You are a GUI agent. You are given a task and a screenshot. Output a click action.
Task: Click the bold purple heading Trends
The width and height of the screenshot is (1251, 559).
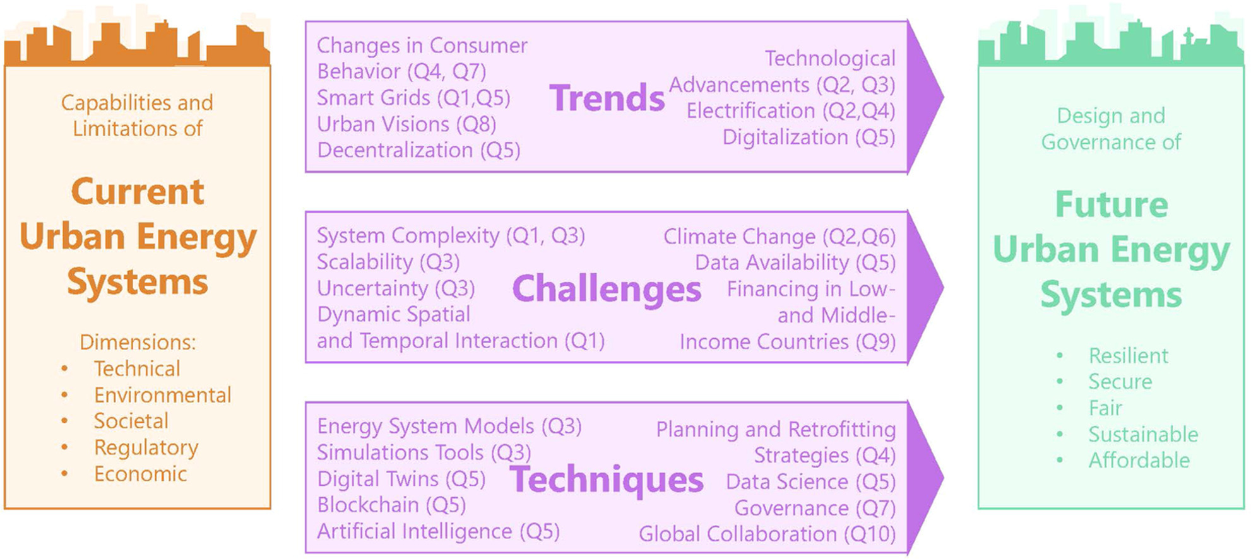[607, 98]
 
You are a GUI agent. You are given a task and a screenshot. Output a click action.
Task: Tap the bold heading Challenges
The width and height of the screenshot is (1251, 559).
[607, 289]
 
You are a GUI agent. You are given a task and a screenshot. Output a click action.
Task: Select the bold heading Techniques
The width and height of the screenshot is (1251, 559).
[607, 480]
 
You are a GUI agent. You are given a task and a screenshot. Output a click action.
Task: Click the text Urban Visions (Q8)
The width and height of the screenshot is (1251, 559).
[406, 124]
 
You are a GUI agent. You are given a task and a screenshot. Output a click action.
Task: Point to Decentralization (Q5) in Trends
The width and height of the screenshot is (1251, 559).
[418, 150]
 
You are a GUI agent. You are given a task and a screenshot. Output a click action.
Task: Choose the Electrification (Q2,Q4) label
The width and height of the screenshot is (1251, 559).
[791, 111]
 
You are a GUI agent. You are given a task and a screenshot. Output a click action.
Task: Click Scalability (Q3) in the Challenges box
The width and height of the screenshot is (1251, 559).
[388, 262]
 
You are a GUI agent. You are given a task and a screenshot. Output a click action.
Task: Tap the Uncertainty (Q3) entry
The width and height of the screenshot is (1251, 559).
[396, 288]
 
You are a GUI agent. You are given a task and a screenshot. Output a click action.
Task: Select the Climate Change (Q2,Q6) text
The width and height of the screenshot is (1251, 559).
[780, 237]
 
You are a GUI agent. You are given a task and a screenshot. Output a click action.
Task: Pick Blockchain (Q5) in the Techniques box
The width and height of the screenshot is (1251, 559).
[391, 505]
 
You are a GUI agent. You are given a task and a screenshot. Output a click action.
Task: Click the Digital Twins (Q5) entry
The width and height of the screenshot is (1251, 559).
[401, 479]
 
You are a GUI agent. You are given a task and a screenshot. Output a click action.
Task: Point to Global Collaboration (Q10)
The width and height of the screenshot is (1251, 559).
[768, 534]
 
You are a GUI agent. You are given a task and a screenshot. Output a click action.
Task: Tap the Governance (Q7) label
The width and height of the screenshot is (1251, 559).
[815, 508]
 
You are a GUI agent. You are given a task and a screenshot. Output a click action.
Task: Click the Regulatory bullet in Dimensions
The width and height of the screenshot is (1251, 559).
[146, 447]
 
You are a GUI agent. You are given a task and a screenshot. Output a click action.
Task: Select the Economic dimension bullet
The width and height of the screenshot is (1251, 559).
[140, 474]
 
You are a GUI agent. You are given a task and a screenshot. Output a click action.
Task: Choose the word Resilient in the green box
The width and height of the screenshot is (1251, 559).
[1128, 356]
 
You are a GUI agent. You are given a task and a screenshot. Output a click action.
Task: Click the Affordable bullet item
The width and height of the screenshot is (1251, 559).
[1139, 461]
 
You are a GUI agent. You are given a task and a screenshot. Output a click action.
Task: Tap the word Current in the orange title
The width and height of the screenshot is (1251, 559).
[138, 192]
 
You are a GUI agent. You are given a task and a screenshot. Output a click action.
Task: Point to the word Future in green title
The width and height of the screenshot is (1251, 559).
[1112, 205]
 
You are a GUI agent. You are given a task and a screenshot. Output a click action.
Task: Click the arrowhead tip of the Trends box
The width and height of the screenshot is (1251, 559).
[943, 97]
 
